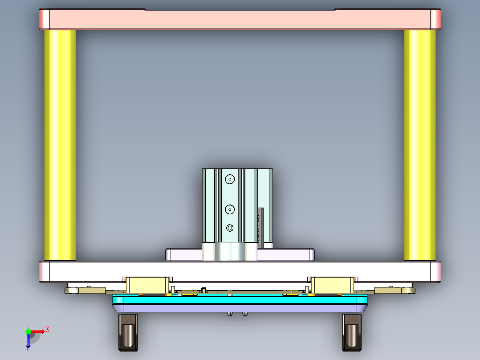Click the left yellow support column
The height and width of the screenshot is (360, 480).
pyautogui.click(x=60, y=145)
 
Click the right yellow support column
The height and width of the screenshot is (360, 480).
pyautogui.click(x=419, y=145)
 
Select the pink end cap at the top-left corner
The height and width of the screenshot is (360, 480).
pyautogui.click(x=45, y=20)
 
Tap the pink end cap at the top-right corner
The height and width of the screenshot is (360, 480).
pyautogui.click(x=435, y=20)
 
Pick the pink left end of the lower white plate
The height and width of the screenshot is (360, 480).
pyautogui.click(x=45, y=272)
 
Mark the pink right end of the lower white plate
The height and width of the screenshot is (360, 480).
pyautogui.click(x=435, y=272)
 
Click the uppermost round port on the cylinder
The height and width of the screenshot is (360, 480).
pyautogui.click(x=230, y=179)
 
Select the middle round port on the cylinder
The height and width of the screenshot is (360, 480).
pyautogui.click(x=230, y=209)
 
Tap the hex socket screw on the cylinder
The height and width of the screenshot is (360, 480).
pyautogui.click(x=230, y=228)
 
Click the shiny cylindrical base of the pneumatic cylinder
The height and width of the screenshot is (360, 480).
pyautogui.click(x=229, y=252)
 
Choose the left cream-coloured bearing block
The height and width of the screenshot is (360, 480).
pyautogui.click(x=147, y=284)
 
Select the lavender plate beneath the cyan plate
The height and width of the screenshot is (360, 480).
pyautogui.click(x=240, y=308)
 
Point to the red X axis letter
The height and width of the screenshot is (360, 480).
pyautogui.click(x=48, y=329)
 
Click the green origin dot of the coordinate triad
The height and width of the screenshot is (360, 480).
pyautogui.click(x=28, y=331)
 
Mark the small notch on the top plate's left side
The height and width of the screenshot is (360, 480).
pyautogui.click(x=143, y=9)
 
